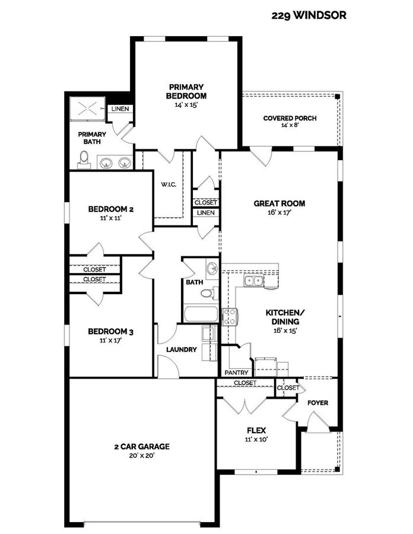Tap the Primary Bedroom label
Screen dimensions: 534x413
click(x=186, y=91)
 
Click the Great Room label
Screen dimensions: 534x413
click(x=279, y=204)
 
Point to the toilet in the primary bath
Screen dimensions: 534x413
click(x=84, y=160)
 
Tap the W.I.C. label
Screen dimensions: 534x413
click(x=169, y=185)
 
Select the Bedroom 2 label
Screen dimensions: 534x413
click(x=110, y=209)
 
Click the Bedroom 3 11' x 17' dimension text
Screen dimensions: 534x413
click(x=110, y=341)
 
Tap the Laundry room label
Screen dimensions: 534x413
click(x=182, y=349)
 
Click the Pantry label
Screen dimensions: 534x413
click(x=236, y=373)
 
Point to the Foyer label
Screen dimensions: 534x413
click(x=317, y=403)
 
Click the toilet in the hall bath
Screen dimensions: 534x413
click(x=206, y=293)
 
